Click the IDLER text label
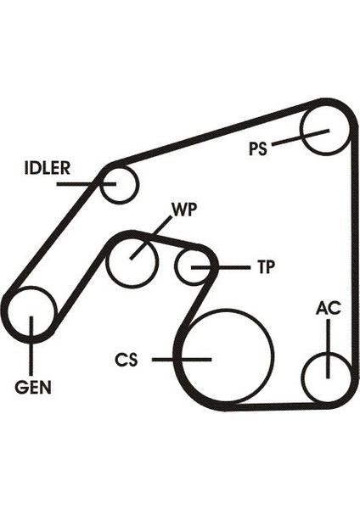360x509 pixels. [x=47, y=168]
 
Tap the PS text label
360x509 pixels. [x=257, y=149]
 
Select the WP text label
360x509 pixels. [x=184, y=210]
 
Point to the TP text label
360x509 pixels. [x=266, y=267]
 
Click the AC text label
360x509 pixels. [x=329, y=308]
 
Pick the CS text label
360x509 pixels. [x=127, y=360]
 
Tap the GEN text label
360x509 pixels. [x=33, y=388]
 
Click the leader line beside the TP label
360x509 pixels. [x=221, y=267]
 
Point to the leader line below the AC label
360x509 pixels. [x=329, y=349]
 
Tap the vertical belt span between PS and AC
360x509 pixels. [x=354, y=253]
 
